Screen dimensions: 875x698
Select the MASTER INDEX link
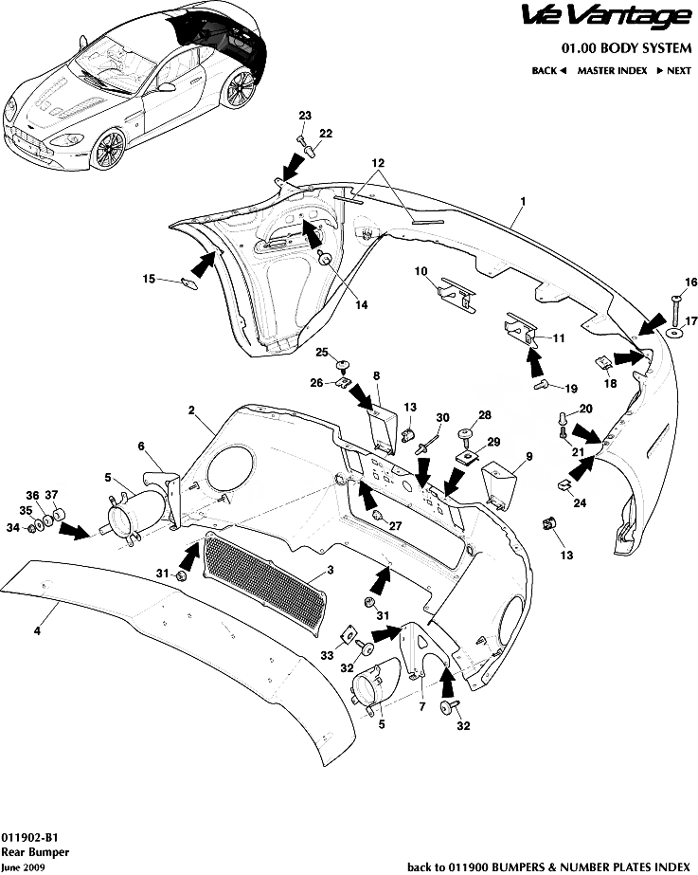pos(612,70)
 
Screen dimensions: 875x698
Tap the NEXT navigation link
pos(673,70)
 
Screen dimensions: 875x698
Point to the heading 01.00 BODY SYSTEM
pos(626,48)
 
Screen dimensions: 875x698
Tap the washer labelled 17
pos(673,335)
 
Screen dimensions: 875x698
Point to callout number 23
pos(305,116)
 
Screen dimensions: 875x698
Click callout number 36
pos(32,496)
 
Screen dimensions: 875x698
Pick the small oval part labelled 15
pos(188,280)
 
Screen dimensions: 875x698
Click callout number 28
pos(485,415)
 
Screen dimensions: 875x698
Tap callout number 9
pos(529,457)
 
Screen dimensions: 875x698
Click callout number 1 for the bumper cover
pos(522,202)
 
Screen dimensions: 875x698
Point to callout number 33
pos(327,654)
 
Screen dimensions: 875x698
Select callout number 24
pos(579,503)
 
